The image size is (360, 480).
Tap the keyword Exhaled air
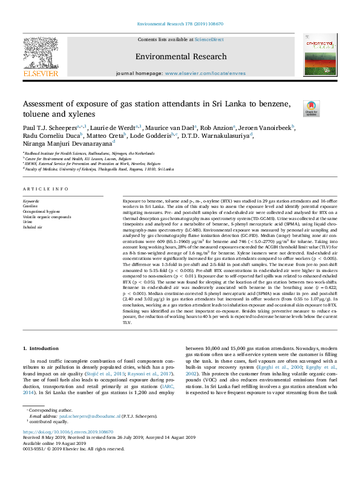[33, 227]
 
